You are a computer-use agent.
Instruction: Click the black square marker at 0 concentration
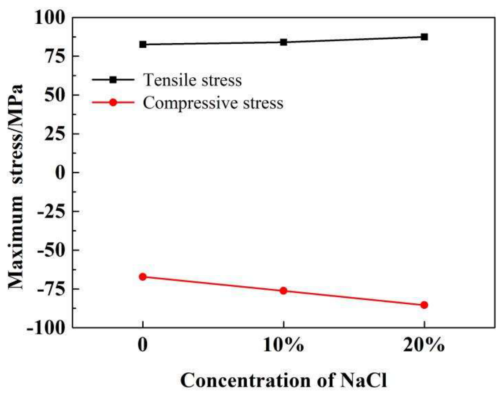(143, 45)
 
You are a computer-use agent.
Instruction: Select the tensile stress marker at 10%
(283, 42)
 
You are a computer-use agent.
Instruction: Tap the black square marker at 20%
(424, 37)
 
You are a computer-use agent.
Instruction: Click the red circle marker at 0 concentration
(143, 277)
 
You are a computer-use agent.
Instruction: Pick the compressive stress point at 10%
(283, 291)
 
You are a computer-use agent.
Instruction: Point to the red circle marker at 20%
(424, 305)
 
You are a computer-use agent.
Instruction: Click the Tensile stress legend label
(193, 80)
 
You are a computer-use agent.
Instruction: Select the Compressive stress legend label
(213, 103)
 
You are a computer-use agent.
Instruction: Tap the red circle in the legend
(113, 102)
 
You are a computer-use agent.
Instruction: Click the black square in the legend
(113, 79)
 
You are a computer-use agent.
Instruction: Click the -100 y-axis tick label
(46, 328)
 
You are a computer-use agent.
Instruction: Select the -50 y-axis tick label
(51, 250)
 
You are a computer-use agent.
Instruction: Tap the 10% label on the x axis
(283, 345)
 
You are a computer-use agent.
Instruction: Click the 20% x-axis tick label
(424, 345)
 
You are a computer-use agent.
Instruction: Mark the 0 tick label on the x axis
(143, 345)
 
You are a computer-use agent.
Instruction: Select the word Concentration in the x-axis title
(245, 381)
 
